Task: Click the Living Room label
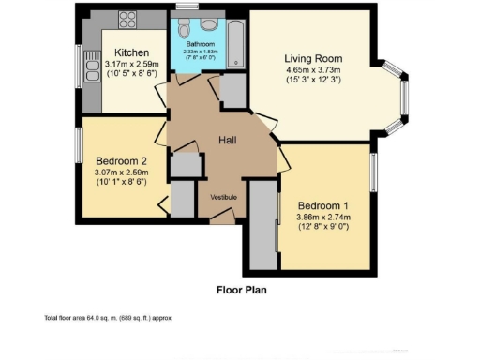tap(320, 57)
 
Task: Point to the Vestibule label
tap(223, 197)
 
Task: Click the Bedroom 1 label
tap(323, 205)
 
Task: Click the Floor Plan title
tap(242, 290)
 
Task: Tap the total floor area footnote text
tap(108, 319)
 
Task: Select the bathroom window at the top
tap(187, 8)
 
